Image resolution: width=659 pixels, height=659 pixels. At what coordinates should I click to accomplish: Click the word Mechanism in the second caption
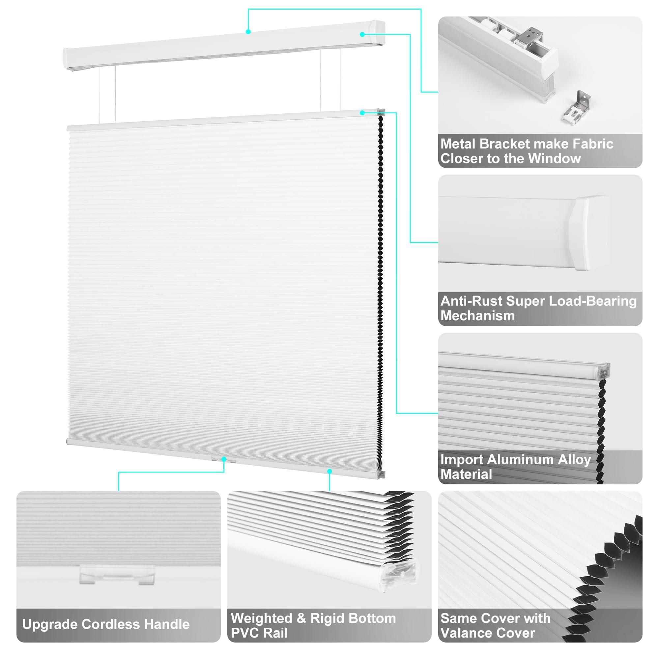coord(477,316)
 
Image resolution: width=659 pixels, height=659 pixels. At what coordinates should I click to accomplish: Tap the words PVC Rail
coord(259,633)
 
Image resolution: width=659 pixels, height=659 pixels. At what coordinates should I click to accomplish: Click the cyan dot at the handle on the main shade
coord(224,459)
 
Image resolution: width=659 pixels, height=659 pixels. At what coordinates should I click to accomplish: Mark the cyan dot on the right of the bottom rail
coord(329,471)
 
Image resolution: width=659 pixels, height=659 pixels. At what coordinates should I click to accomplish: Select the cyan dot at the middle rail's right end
coord(362,113)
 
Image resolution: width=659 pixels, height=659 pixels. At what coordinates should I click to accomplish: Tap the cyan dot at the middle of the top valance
coord(248,32)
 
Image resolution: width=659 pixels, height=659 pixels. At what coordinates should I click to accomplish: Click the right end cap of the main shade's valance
coord(379,33)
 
